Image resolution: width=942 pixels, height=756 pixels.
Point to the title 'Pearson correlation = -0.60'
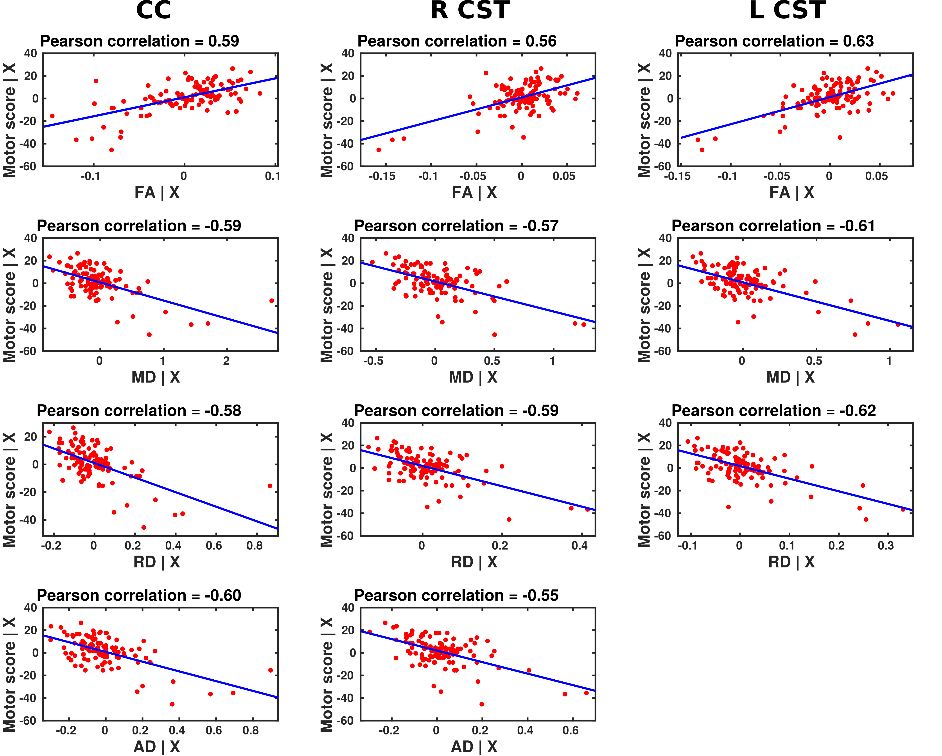click(x=139, y=595)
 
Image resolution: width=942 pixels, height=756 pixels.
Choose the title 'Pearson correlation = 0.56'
click(x=457, y=41)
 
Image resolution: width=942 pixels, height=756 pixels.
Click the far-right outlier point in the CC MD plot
click(x=271, y=301)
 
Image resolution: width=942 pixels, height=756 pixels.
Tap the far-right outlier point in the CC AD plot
click(x=271, y=670)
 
